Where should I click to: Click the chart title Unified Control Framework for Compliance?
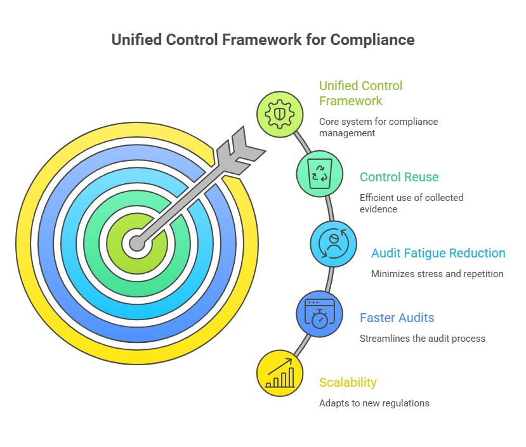coord(263,40)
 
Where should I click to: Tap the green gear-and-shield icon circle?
coord(280,114)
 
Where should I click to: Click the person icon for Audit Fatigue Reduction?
coord(333,243)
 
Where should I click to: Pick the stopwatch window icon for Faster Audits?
coord(319,314)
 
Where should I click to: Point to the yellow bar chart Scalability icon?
coord(280,373)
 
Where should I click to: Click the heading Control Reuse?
coord(398,178)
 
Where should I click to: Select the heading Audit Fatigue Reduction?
coord(438,254)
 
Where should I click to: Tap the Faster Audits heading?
coord(397,318)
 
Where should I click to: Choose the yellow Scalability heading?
coord(348,382)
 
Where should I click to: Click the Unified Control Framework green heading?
coord(360,93)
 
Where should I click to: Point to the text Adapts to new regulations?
coord(374,403)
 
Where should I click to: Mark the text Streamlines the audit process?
coord(422,339)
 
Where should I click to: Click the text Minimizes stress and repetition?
coord(437,274)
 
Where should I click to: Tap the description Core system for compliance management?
coord(378,127)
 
